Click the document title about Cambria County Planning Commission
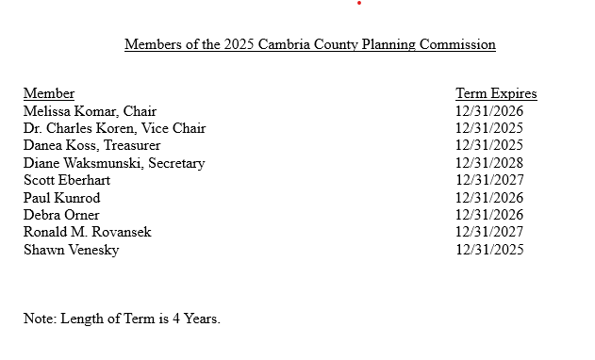[309, 44]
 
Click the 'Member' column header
[49, 93]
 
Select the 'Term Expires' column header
[496, 93]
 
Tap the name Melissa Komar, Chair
[90, 111]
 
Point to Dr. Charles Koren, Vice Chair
[114, 128]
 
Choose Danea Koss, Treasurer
[91, 145]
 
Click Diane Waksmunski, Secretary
[114, 163]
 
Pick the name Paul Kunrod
[61, 198]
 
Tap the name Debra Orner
[61, 215]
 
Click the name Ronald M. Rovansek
[87, 232]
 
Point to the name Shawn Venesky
[71, 250]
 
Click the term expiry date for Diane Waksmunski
[489, 163]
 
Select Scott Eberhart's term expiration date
[489, 180]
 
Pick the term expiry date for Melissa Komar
[489, 111]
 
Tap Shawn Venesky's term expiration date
[489, 250]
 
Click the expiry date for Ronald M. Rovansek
[489, 232]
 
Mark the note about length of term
[122, 319]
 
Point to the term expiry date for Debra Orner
[489, 215]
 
